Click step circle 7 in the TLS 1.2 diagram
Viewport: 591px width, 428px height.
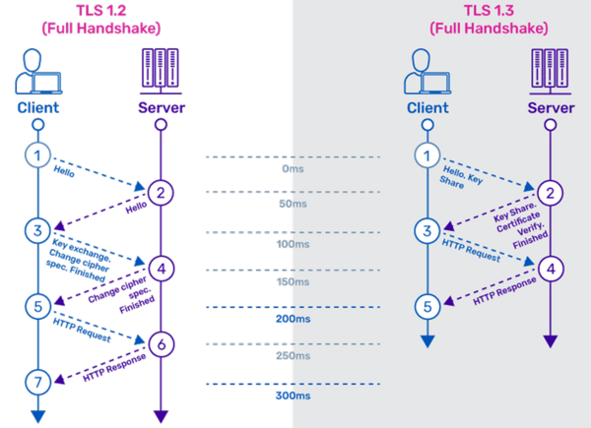[x=37, y=381]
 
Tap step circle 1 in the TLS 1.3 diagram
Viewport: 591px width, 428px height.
[x=427, y=154]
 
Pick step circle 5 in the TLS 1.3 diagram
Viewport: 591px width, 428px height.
[x=427, y=307]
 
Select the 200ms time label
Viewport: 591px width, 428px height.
[x=294, y=319]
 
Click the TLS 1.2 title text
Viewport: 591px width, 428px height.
[x=100, y=20]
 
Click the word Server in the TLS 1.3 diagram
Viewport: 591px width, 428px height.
[x=551, y=107]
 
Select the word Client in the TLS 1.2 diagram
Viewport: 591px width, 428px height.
[x=37, y=107]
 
